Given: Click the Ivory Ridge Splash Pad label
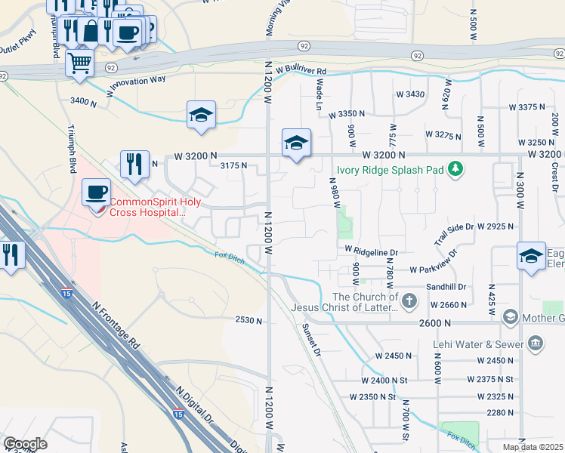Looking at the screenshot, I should [x=379, y=169].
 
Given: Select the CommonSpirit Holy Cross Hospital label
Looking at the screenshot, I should [x=147, y=207].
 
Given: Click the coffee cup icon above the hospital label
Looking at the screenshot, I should [x=96, y=193].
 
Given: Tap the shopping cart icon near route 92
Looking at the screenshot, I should [x=79, y=63].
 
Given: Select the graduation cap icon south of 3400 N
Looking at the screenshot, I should [x=201, y=115].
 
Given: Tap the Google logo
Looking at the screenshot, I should [x=25, y=444].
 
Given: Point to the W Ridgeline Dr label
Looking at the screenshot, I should [x=371, y=249].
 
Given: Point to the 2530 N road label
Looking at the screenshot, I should [x=249, y=321].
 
